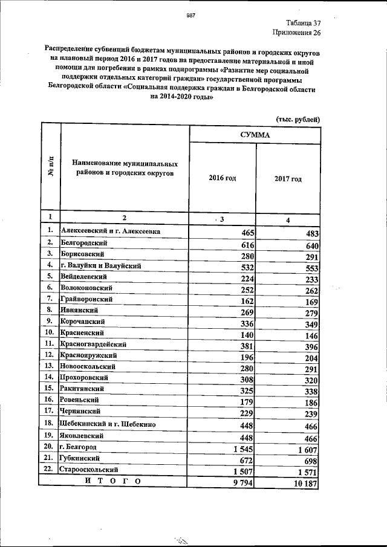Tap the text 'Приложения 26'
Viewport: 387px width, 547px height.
[x=296, y=33]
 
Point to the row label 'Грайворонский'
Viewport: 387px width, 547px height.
[x=86, y=299]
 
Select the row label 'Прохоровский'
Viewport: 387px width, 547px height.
[x=85, y=377]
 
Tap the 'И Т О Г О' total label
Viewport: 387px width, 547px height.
[x=113, y=481]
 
